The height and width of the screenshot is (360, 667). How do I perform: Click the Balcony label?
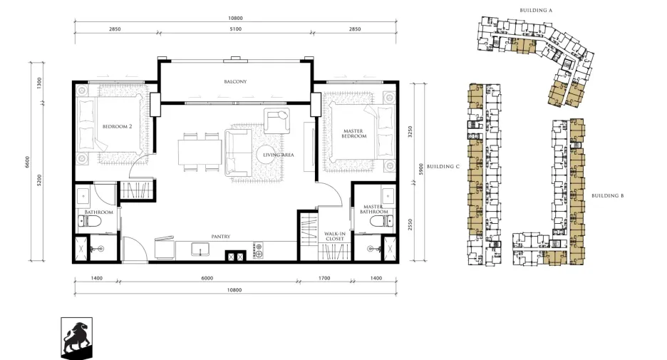pyautogui.click(x=235, y=82)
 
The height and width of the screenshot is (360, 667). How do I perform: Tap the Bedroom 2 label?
pyautogui.click(x=117, y=126)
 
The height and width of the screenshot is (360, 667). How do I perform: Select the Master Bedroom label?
pyautogui.click(x=353, y=133)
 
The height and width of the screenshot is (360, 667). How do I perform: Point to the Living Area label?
pyautogui.click(x=278, y=155)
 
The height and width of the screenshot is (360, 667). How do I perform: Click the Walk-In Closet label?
pyautogui.click(x=335, y=236)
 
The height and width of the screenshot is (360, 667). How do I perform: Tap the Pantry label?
pyautogui.click(x=221, y=237)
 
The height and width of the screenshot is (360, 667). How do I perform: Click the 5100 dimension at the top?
pyautogui.click(x=235, y=29)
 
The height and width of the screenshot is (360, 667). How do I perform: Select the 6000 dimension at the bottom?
pyautogui.click(x=207, y=278)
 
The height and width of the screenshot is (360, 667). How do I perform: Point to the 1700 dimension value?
pyautogui.click(x=324, y=278)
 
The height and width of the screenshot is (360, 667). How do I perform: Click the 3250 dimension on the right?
pyautogui.click(x=410, y=131)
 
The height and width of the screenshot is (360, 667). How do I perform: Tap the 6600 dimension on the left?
pyautogui.click(x=28, y=162)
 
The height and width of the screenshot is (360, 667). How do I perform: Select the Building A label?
pyautogui.click(x=536, y=10)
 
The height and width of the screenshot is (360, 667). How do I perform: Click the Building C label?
pyautogui.click(x=443, y=166)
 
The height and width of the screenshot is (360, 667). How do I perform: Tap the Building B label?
pyautogui.click(x=608, y=196)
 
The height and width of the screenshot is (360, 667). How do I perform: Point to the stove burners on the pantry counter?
pyautogui.click(x=258, y=250)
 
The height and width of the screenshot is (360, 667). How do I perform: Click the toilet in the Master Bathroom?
pyautogui.click(x=381, y=221)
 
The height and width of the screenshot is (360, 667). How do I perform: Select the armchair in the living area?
pyautogui.click(x=276, y=120)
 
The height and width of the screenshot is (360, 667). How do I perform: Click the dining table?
pyautogui.click(x=200, y=153)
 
